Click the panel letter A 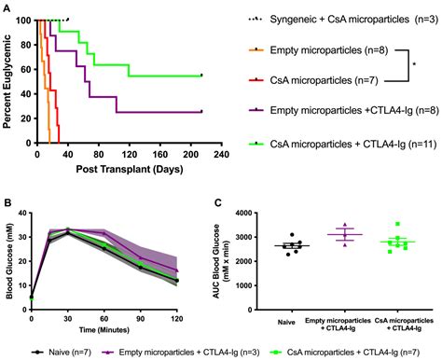(7, 8)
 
